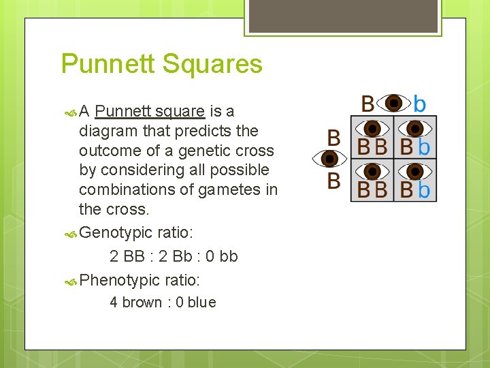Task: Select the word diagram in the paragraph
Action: [x=111, y=131]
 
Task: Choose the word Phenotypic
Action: [x=120, y=279]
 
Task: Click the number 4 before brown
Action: [x=114, y=303]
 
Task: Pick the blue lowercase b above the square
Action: [x=420, y=104]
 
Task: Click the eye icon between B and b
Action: [x=393, y=104]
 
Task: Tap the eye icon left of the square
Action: [x=330, y=159]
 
